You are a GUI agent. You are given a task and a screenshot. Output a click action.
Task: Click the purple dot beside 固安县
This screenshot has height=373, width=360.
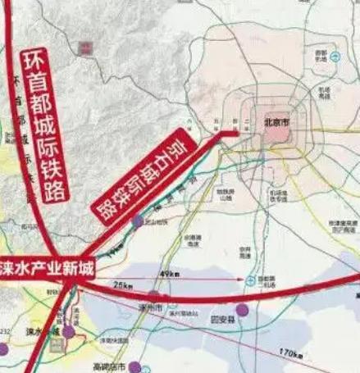pos(242,310)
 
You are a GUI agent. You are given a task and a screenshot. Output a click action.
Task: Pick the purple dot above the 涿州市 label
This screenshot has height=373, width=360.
pos(154,294)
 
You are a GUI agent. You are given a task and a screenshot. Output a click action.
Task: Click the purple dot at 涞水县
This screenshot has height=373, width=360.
pos(69,333)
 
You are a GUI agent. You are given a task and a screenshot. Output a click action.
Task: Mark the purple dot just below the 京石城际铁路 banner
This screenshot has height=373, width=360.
pos(136,222)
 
